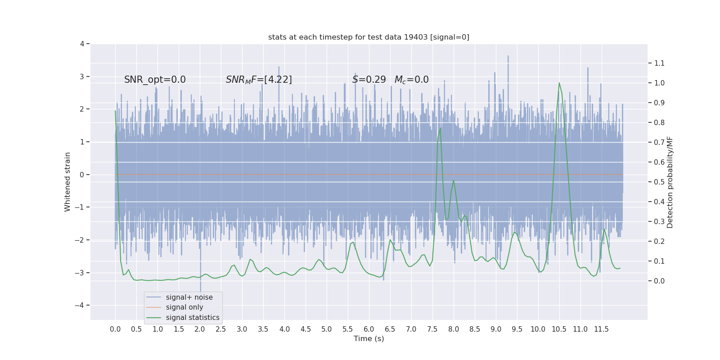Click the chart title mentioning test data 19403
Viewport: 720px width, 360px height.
[x=369, y=37]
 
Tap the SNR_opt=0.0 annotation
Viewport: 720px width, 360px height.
[x=155, y=80]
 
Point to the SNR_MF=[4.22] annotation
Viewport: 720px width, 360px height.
[x=259, y=80]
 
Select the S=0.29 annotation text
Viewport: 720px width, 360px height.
[x=369, y=80]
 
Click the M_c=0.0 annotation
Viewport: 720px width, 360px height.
[x=411, y=80]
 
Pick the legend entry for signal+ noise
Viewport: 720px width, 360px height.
[x=189, y=297]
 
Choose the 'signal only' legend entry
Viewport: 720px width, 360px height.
[x=184, y=307]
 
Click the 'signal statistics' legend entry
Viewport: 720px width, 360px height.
[x=193, y=318]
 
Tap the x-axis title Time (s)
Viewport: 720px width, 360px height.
[x=369, y=338]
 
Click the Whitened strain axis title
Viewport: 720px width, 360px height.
[x=67, y=182]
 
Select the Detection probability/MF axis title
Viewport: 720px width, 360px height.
[x=670, y=182]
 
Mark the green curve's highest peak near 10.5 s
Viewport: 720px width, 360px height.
[x=559, y=83]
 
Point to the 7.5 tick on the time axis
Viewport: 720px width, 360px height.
[x=432, y=329]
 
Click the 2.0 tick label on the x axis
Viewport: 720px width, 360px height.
[x=200, y=329]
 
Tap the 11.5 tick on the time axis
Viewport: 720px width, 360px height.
[x=601, y=329]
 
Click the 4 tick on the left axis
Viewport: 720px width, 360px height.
[x=82, y=44]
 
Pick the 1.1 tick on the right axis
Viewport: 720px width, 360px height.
[x=659, y=63]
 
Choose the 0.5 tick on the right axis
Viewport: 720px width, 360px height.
[x=659, y=182]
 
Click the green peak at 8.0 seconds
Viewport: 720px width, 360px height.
[x=453, y=180]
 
